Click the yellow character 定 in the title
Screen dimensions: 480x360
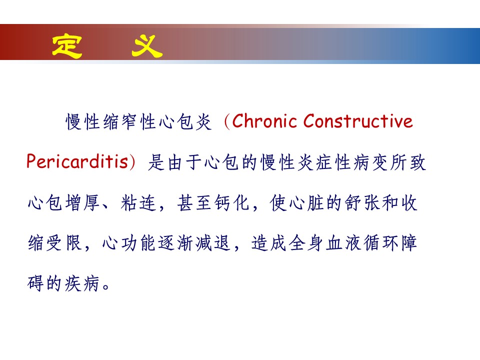[x=67, y=46]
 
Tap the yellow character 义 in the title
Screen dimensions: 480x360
[x=147, y=46]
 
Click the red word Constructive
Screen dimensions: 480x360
[x=358, y=121]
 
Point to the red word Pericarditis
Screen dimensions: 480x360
[x=77, y=161]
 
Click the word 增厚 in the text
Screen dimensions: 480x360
[x=82, y=202]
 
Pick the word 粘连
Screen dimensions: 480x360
[x=138, y=202]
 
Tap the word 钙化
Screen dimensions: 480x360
[x=231, y=202]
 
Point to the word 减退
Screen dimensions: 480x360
[x=213, y=243]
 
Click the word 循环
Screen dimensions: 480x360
[x=381, y=243]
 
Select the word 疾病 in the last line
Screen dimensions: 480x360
[x=82, y=283]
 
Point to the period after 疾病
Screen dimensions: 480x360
[x=106, y=287]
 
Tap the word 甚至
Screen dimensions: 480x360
[x=194, y=202]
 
